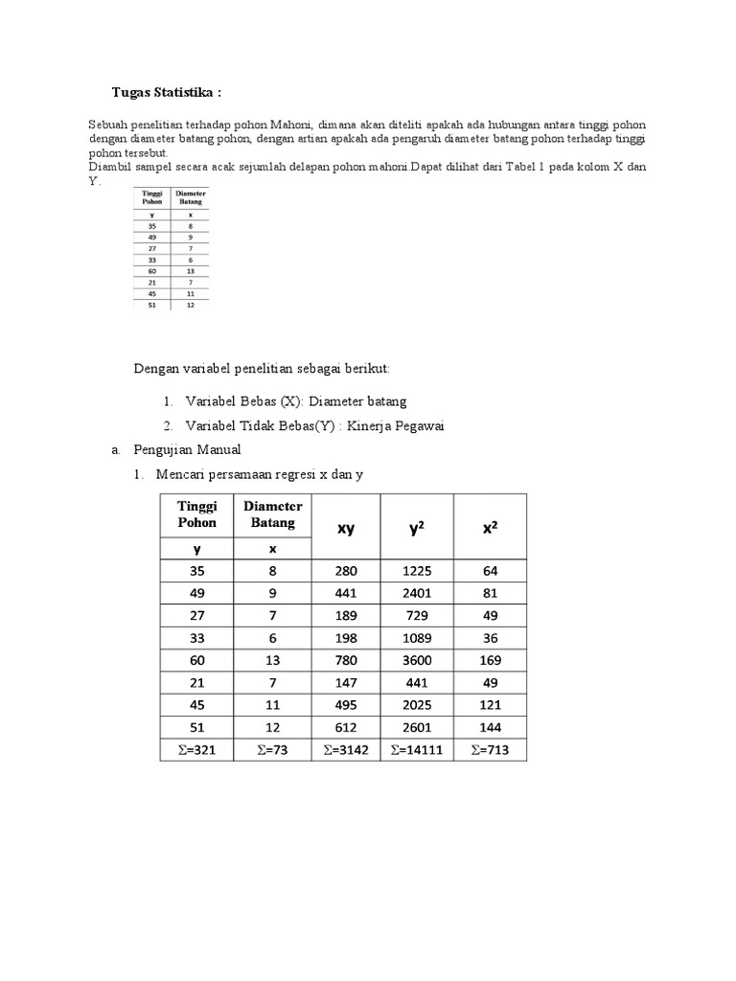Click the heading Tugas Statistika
tap(169, 92)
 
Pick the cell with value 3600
tap(417, 660)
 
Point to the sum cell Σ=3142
tap(345, 750)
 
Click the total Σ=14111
tap(417, 750)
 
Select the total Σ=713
tap(490, 750)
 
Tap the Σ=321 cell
tap(196, 750)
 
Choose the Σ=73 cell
tap(273, 750)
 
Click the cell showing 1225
tap(417, 571)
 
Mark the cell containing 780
tap(345, 660)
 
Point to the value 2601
tap(417, 727)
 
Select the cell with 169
tap(490, 660)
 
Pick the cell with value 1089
tap(417, 638)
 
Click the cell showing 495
tap(345, 705)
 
